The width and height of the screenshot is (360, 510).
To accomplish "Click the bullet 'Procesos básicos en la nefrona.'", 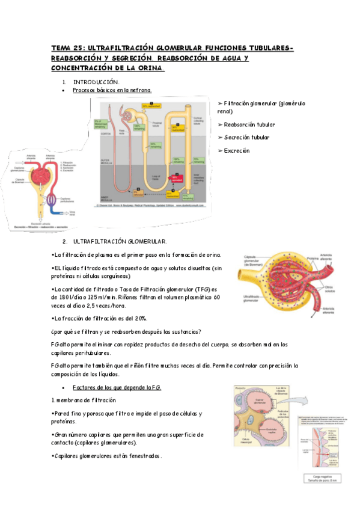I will tap(112, 90).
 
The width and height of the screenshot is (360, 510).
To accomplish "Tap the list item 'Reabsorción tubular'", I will tap(249, 124).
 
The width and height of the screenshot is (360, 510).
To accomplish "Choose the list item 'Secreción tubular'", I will tap(246, 137).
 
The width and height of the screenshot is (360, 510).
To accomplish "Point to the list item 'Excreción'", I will tap(236, 150).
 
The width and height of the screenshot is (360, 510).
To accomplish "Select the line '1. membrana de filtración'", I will tap(84, 400).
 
